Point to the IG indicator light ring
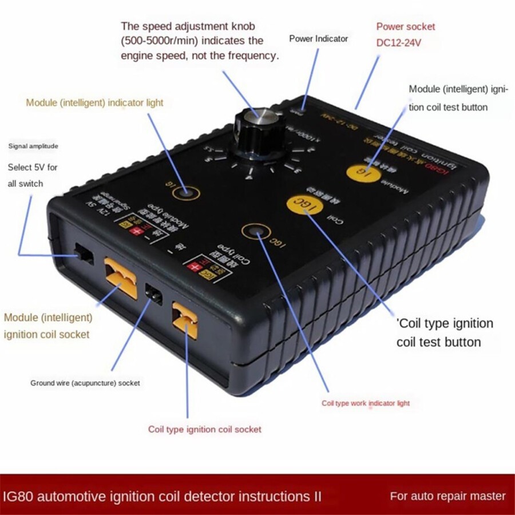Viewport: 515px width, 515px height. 186,193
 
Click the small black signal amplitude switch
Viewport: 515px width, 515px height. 85,255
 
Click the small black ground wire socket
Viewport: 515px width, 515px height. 153,294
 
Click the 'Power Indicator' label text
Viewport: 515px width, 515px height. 318,39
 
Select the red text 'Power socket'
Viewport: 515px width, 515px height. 405,26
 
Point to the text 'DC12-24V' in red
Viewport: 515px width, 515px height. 398,42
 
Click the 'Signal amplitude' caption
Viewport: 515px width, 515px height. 33,146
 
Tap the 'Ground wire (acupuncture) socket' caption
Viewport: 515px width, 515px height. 85,383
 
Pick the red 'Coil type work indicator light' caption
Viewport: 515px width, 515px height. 366,403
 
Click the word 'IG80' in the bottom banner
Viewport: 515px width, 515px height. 19,496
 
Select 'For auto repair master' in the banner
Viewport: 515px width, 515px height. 448,496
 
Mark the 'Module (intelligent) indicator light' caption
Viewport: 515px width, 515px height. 94,103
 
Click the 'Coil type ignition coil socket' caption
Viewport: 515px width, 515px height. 204,429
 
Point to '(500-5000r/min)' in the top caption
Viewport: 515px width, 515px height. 161,41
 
